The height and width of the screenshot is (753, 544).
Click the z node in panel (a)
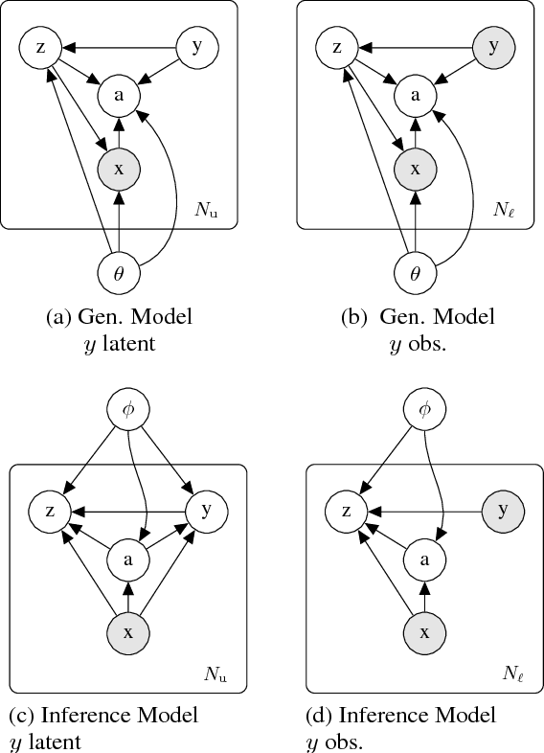(x=38, y=46)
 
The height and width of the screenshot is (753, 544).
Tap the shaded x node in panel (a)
(x=119, y=169)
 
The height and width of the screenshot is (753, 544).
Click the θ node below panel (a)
(x=119, y=274)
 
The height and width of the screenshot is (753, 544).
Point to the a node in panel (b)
(x=415, y=95)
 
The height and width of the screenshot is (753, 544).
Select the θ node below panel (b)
(x=415, y=274)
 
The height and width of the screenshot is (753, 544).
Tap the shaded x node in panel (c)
(x=129, y=632)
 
